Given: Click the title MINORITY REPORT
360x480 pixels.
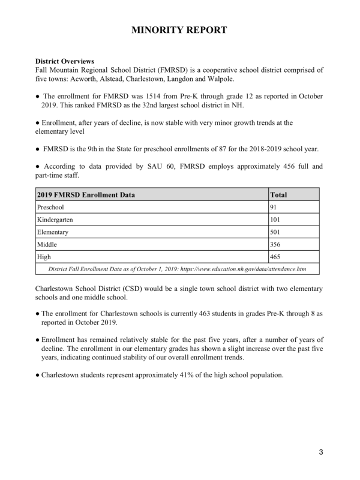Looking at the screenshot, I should click(180, 30).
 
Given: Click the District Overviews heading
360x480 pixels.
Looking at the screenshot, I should click(64, 61).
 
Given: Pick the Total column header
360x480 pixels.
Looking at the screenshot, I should click(280, 194).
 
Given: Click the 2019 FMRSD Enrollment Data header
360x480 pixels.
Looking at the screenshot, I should click(86, 194).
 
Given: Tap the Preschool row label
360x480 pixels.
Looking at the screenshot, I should click(50, 207).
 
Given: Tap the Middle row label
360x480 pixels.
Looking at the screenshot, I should click(47, 245).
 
